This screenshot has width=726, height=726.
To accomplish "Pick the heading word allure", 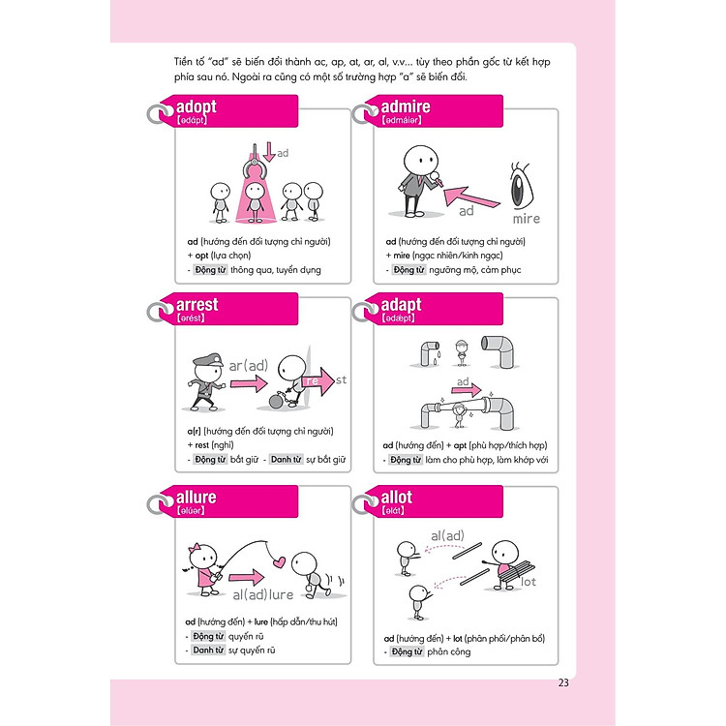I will click(197, 497).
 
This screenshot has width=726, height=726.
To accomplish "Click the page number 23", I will click(564, 682).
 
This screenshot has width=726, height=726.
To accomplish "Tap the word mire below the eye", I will click(526, 219).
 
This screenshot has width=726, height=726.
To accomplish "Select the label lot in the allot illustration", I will click(529, 582).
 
